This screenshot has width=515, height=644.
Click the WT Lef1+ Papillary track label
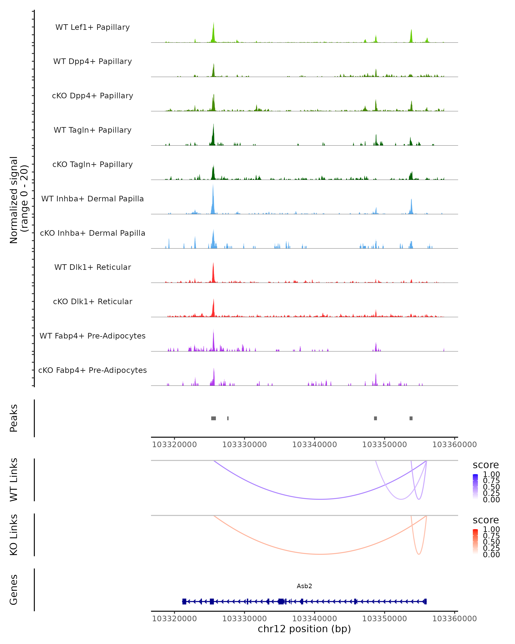92,27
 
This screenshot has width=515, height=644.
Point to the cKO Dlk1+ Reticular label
92,301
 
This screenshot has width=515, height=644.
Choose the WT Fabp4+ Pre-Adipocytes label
92,336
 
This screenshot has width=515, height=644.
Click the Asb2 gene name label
304,586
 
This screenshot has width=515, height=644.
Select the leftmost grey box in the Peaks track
214,418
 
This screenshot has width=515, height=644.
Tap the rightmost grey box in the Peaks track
411,418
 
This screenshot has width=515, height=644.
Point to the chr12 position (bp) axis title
304,629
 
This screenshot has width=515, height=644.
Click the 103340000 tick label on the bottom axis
314,619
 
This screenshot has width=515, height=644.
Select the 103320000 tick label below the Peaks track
174,445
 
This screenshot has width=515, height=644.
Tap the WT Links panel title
14,480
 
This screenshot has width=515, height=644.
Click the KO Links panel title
14,535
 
